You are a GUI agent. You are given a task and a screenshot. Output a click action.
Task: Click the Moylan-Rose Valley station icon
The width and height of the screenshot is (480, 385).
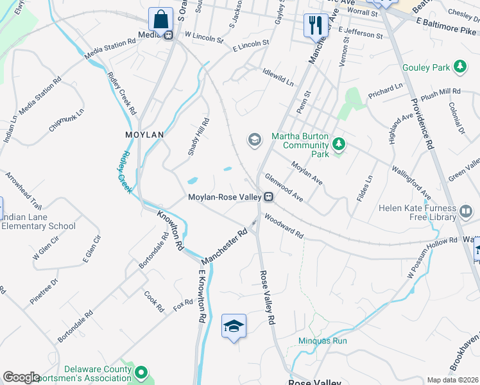270,197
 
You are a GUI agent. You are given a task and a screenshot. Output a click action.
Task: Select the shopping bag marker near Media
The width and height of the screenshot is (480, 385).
159,18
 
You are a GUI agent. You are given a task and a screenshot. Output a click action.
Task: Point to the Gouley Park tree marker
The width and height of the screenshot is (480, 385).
459,67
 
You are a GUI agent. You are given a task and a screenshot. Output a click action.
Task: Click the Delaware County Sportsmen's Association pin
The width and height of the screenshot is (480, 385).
141,372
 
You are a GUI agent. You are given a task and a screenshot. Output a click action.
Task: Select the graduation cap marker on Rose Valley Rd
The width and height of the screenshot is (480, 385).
234,326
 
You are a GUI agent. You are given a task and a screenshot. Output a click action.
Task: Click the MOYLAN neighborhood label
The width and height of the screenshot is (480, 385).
144,135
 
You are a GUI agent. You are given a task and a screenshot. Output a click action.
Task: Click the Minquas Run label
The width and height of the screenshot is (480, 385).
322,341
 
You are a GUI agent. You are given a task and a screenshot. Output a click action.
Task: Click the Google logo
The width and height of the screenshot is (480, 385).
21,377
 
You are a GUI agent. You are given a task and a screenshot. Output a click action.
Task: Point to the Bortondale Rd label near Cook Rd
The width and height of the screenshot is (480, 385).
75,326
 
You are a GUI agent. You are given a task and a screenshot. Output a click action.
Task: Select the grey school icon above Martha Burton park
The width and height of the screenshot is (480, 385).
255,139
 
